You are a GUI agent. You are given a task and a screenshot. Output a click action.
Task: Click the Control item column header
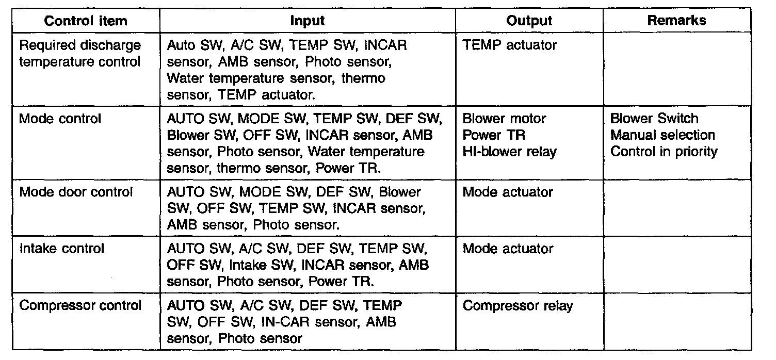click(86, 21)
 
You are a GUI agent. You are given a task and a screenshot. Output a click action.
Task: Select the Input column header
click(308, 21)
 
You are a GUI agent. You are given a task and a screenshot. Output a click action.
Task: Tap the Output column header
click(529, 21)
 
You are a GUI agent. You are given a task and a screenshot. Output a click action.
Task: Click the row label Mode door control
click(76, 192)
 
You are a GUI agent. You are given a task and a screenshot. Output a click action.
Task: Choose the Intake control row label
click(62, 249)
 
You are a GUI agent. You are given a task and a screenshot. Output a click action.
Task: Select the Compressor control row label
click(80, 305)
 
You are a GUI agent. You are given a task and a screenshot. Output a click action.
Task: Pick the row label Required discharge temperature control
click(80, 53)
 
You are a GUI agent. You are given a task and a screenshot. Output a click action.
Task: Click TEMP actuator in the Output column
click(510, 45)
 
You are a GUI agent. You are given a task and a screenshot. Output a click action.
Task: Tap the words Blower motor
click(504, 119)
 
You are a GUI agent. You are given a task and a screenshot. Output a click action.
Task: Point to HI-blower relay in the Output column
click(510, 152)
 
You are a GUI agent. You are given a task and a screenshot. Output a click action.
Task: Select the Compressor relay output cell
click(518, 306)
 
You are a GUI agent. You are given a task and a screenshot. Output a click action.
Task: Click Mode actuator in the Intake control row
click(508, 249)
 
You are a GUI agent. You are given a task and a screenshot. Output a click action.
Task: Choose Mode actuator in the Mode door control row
click(508, 192)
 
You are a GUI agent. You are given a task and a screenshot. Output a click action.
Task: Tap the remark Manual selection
click(662, 135)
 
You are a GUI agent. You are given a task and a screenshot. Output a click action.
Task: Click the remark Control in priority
click(664, 152)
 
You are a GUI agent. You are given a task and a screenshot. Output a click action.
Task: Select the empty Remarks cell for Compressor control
click(677, 322)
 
